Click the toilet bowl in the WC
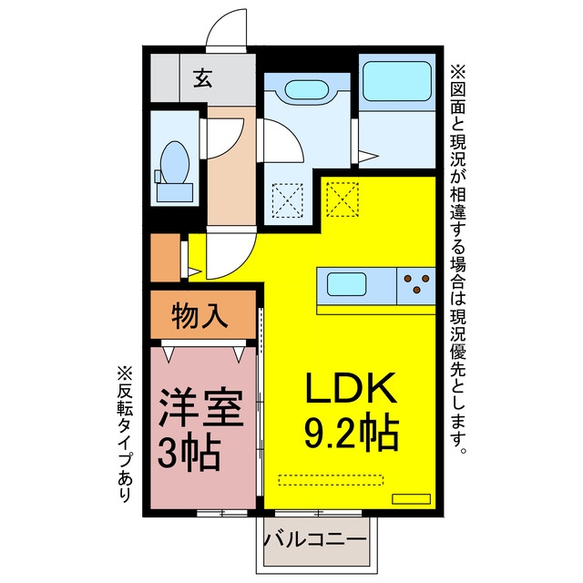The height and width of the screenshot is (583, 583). pos(174,163)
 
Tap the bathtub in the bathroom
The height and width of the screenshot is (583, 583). pos(397,81)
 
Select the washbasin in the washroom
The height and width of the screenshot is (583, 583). pos(306,90)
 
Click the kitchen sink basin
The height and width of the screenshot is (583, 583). pos(346,284)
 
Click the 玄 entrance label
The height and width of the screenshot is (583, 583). pos(203,78)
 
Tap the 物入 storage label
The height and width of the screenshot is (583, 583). pos(199,315)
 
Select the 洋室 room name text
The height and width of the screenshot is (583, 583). pos(201,407)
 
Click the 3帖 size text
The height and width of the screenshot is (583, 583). pos(189,452)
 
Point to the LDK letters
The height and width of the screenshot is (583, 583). pos(351,387)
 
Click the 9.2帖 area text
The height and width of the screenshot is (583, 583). pos(352,432)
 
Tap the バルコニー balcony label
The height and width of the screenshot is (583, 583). pos(315,539)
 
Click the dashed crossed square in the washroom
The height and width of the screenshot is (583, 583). pos(288,200)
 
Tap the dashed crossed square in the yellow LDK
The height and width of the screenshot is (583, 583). pos(343,199)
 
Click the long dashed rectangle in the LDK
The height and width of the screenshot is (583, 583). pos(331,480)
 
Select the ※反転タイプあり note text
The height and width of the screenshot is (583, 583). pos(125,434)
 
